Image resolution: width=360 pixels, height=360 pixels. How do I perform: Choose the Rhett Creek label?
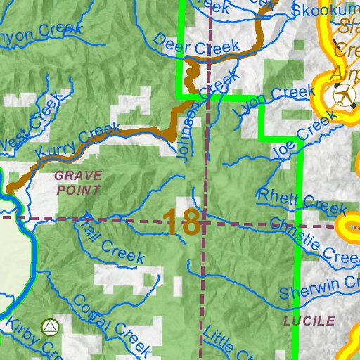[302, 201]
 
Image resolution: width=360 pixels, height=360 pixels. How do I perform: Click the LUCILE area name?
[309, 321]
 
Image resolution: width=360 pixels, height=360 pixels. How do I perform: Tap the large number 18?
[182, 223]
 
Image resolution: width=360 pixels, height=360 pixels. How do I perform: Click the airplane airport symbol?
[345, 94]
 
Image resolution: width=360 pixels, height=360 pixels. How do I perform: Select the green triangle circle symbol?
[49, 327]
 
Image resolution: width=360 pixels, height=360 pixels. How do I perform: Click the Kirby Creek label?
[28, 338]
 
